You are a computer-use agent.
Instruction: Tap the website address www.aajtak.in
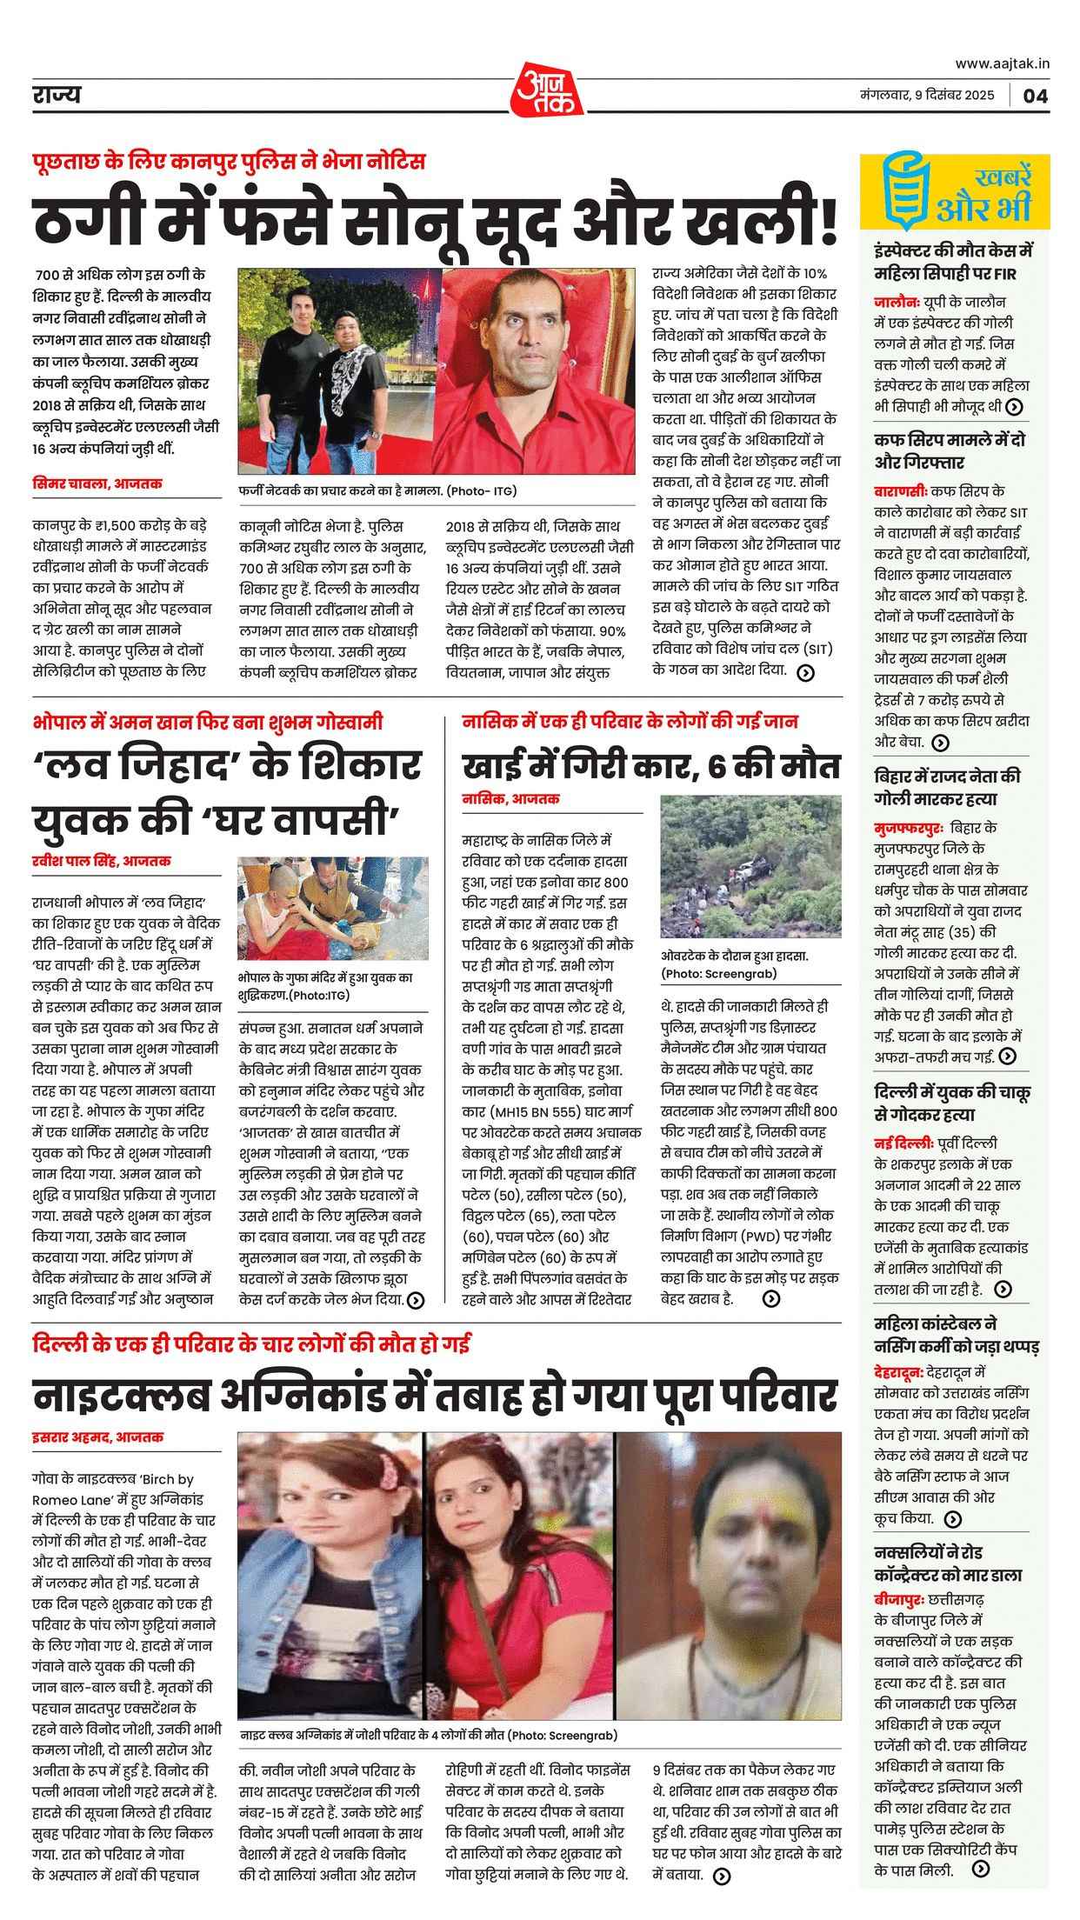[1002, 63]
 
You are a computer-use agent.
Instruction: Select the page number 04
[1035, 96]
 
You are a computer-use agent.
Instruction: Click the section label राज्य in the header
[56, 95]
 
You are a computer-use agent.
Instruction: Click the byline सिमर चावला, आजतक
[97, 483]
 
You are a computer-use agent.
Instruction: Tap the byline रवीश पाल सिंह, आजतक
[102, 861]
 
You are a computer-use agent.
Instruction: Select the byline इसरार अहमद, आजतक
[98, 1437]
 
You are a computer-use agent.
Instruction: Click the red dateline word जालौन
[896, 302]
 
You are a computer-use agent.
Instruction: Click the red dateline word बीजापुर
[903, 1598]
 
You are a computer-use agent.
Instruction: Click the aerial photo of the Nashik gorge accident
[751, 866]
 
